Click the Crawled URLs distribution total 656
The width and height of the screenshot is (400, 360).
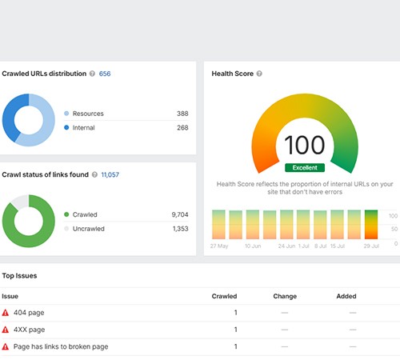105,74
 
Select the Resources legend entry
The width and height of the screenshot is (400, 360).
88,114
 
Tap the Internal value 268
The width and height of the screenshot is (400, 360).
182,127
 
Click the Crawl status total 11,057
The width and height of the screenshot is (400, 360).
110,174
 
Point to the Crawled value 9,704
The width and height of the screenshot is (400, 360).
180,214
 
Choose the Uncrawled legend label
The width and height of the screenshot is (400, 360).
91,229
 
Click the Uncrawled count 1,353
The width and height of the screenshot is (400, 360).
180,229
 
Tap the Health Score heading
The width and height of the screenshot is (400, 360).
232,74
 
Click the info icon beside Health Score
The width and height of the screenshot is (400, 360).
259,74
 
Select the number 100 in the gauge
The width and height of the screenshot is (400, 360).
304,145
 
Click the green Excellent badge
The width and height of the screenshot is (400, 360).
304,168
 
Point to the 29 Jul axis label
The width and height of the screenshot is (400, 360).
370,246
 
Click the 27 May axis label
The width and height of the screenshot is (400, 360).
219,246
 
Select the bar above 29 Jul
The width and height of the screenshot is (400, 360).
371,224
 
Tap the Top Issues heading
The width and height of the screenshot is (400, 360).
19,275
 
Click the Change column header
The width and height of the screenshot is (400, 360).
285,296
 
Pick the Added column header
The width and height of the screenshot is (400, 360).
346,296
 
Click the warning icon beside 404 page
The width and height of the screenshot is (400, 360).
6,312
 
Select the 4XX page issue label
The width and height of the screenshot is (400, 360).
29,330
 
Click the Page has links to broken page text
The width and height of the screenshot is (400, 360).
61,346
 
